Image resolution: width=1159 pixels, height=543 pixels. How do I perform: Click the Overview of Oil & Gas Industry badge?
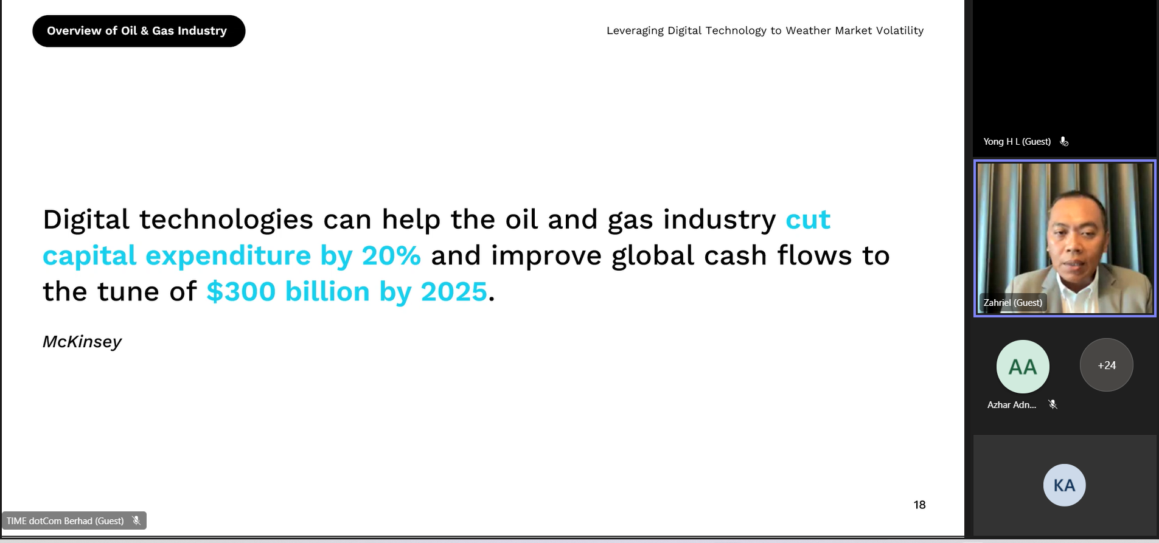click(x=139, y=31)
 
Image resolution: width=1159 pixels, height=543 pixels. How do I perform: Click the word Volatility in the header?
click(x=900, y=30)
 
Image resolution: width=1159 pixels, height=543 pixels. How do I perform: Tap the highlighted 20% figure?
click(x=391, y=255)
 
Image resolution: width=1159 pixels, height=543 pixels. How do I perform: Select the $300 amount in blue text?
click(x=241, y=291)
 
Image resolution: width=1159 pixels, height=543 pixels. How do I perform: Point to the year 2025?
click(x=454, y=292)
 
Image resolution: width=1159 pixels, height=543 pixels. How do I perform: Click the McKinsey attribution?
click(x=82, y=342)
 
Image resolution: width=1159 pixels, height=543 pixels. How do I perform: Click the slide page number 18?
click(x=919, y=505)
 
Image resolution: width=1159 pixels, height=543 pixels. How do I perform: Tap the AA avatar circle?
click(x=1023, y=367)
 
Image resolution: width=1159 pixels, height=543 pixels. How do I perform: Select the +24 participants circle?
click(x=1107, y=365)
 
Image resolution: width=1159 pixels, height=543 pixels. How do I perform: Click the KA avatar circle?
click(x=1065, y=485)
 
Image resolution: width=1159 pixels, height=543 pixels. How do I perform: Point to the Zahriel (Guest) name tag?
click(x=1013, y=303)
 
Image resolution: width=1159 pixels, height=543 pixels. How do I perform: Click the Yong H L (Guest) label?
click(x=1017, y=142)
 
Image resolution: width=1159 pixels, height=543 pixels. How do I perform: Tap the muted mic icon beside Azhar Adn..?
click(x=1053, y=404)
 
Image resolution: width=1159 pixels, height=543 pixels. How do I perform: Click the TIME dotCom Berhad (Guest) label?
click(x=65, y=521)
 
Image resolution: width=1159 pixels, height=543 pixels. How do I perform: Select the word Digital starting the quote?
click(x=86, y=220)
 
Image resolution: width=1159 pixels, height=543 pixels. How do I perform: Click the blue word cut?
click(x=808, y=220)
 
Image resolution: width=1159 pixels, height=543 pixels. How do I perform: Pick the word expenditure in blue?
click(x=228, y=256)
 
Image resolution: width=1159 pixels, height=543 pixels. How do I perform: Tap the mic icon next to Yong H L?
click(x=1064, y=142)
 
